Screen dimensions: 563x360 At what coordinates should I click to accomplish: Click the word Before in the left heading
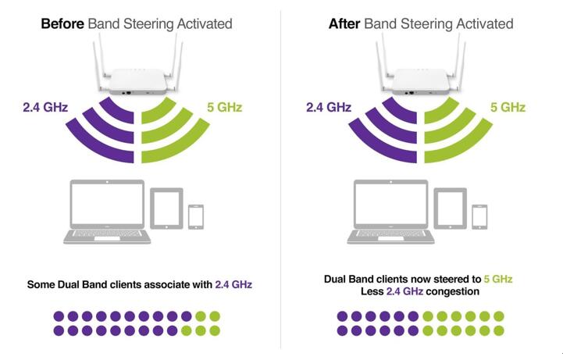tap(62, 24)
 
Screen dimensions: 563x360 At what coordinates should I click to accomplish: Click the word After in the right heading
tap(344, 24)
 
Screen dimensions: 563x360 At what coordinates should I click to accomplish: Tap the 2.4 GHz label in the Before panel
tap(45, 107)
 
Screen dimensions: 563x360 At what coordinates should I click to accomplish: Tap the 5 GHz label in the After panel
tap(508, 107)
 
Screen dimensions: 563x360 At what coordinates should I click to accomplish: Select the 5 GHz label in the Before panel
tap(224, 107)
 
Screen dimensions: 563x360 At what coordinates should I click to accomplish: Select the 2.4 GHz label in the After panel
tap(329, 107)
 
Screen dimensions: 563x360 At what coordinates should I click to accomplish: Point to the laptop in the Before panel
tap(107, 212)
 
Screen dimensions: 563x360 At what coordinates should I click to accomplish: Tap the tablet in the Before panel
tap(166, 209)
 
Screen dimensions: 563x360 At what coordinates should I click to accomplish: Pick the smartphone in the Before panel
tap(196, 217)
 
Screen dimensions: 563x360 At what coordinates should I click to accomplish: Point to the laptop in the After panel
tap(390, 212)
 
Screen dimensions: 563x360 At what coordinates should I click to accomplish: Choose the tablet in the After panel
tap(451, 209)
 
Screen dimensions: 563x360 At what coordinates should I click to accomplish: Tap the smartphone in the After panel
tap(479, 217)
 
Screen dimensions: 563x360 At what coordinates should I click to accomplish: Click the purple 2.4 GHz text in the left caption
tap(233, 284)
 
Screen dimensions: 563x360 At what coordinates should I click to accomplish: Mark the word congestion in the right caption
tap(452, 291)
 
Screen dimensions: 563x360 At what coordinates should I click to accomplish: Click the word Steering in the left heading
tap(148, 24)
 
